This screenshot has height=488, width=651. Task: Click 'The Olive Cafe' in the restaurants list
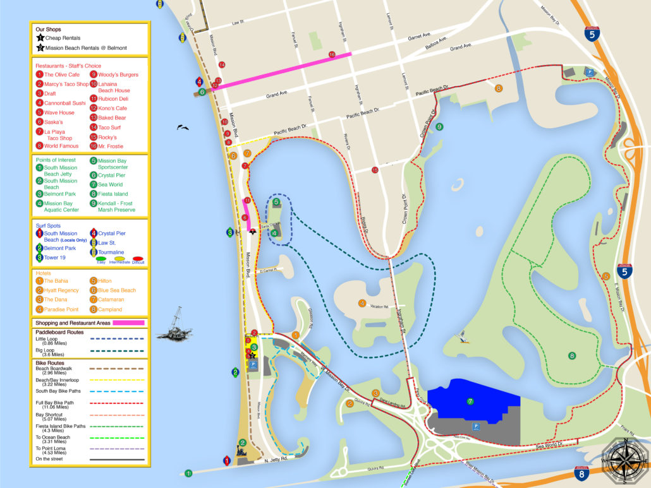61,74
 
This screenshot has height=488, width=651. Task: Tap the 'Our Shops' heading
48,29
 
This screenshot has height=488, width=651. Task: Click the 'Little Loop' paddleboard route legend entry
47,338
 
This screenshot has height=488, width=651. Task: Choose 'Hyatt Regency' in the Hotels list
61,290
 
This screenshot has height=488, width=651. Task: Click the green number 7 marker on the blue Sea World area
470,401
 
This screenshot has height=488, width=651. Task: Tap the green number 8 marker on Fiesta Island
572,355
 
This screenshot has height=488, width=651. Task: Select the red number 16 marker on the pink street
332,55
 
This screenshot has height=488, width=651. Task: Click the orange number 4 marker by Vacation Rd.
362,303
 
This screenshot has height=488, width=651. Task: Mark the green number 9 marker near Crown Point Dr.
439,127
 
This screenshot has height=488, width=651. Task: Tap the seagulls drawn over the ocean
183,128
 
